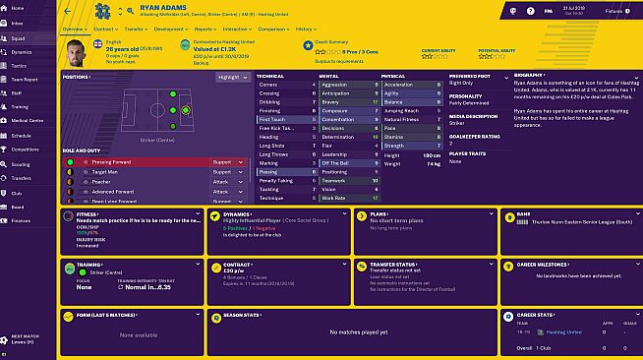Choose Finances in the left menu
(x=23, y=220)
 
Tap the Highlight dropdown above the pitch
(x=232, y=76)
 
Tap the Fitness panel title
(x=86, y=211)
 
